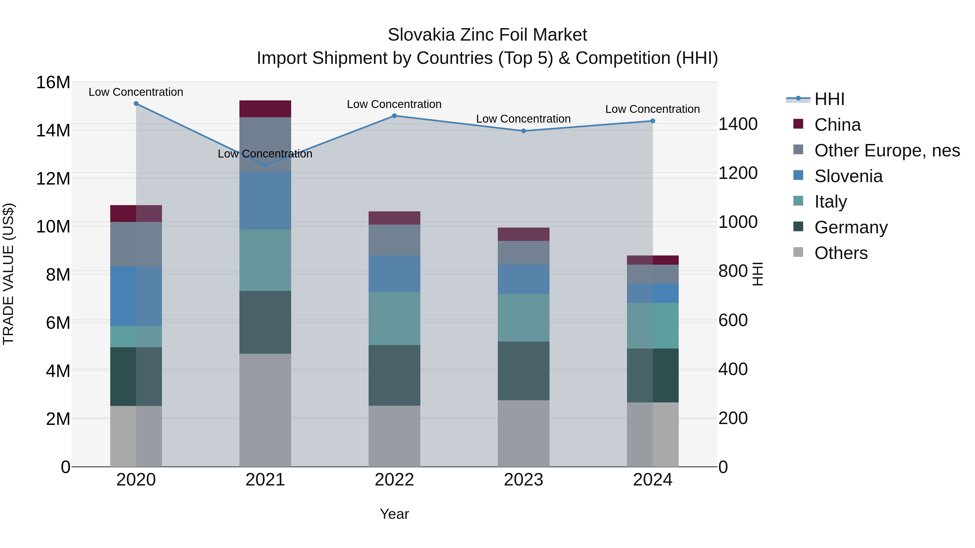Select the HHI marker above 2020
pyautogui.click(x=136, y=104)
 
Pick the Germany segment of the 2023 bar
pyautogui.click(x=524, y=371)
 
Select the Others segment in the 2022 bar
pyautogui.click(x=394, y=436)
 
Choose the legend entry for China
pyautogui.click(x=837, y=125)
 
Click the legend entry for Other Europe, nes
pyautogui.click(x=886, y=150)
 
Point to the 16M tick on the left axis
pyautogui.click(x=53, y=83)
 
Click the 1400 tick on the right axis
pyautogui.click(x=738, y=124)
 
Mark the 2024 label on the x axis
pyautogui.click(x=652, y=480)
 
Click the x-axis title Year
pyautogui.click(x=394, y=514)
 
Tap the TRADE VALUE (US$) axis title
pyautogui.click(x=8, y=274)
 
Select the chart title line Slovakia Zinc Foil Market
pyautogui.click(x=487, y=35)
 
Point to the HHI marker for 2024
pyautogui.click(x=652, y=121)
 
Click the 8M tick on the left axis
pyautogui.click(x=58, y=275)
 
